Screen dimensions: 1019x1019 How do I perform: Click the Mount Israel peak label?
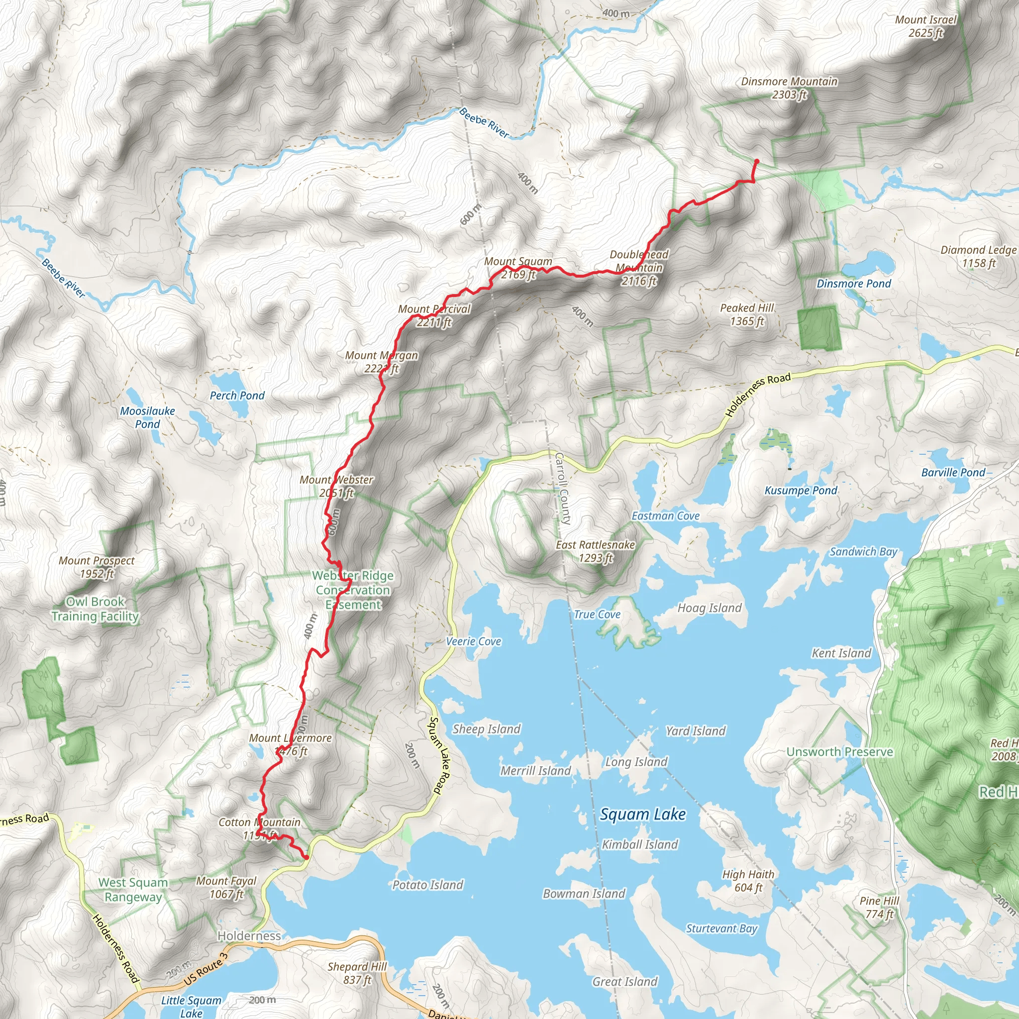pyautogui.click(x=925, y=26)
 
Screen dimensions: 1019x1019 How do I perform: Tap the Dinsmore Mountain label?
pyautogui.click(x=789, y=88)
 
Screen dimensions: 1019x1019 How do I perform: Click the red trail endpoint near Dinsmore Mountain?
pyautogui.click(x=756, y=161)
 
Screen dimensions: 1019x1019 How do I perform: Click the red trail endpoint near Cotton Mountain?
pyautogui.click(x=306, y=857)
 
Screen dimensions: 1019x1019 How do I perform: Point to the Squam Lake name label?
pyautogui.click(x=642, y=815)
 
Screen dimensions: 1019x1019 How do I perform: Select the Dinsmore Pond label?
pyautogui.click(x=853, y=284)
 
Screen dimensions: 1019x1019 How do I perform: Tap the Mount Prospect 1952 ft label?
pyautogui.click(x=97, y=567)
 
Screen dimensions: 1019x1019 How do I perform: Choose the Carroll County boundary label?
pyautogui.click(x=563, y=489)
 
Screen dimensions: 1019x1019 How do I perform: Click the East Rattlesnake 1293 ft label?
pyautogui.click(x=596, y=551)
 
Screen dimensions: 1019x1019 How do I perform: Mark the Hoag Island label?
pyautogui.click(x=710, y=608)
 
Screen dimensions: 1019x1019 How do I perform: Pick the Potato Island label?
pyautogui.click(x=428, y=885)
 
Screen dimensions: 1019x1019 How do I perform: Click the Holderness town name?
pyautogui.click(x=249, y=936)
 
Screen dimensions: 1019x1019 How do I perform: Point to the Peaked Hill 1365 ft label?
pyautogui.click(x=747, y=314)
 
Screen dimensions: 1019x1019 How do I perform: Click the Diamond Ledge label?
pyautogui.click(x=978, y=256)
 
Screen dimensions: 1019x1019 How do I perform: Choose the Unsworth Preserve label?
pyautogui.click(x=840, y=752)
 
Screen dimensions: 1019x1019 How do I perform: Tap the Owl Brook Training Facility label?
pyautogui.click(x=96, y=609)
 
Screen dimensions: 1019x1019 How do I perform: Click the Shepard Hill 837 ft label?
pyautogui.click(x=357, y=973)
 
